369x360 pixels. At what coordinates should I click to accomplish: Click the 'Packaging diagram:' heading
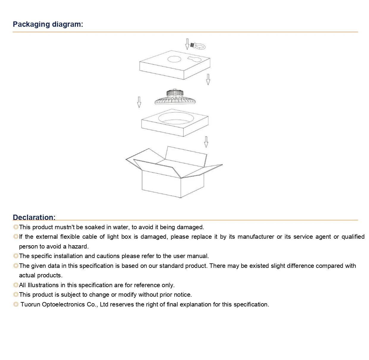pyautogui.click(x=48, y=24)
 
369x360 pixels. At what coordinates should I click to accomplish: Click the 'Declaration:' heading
pyautogui.click(x=34, y=217)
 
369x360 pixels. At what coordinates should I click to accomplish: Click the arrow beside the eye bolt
pyautogui.click(x=187, y=44)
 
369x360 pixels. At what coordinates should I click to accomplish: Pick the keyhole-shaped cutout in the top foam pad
pyautogui.click(x=194, y=59)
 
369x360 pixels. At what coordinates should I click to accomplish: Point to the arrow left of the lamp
pyautogui.click(x=139, y=102)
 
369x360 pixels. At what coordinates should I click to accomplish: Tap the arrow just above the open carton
pyautogui.click(x=206, y=142)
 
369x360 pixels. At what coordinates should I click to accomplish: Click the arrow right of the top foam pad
pyautogui.click(x=208, y=79)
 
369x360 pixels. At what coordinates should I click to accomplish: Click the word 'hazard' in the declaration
pyautogui.click(x=78, y=246)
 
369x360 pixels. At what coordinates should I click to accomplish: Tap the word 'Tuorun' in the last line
pyautogui.click(x=30, y=304)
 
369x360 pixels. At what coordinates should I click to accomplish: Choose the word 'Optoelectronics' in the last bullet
pyautogui.click(x=63, y=304)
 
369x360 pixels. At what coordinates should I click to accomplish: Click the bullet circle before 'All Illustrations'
pyautogui.click(x=16, y=285)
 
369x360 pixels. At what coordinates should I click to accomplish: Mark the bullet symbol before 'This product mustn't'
pyautogui.click(x=16, y=227)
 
